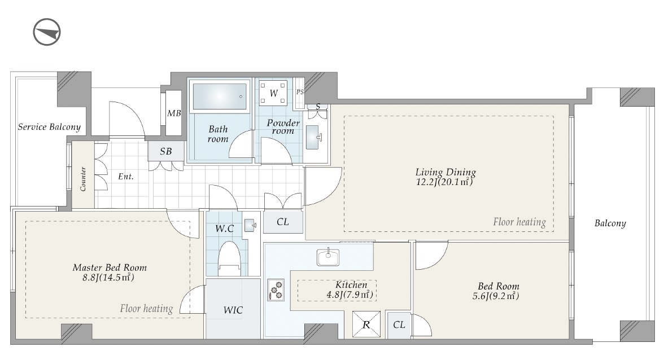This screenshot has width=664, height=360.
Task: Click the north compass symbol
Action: coord(46,32)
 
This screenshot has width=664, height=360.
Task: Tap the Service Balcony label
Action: coord(49,127)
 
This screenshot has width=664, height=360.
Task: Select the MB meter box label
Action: coord(174,113)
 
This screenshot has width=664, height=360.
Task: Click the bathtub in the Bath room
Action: coord(219,96)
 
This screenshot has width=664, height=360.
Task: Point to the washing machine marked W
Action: coord(273,93)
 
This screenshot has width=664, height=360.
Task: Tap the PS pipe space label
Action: coord(300,91)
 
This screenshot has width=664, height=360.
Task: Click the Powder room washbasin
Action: coord(313,137)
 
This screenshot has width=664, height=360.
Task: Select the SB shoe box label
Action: coord(166,151)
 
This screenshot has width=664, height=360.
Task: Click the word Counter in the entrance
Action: coord(83,179)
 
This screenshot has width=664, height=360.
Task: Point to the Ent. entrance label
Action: coord(126,177)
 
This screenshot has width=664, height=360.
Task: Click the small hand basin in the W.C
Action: coord(250,225)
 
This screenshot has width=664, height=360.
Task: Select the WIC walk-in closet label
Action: coord(233,310)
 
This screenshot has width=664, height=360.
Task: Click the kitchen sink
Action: coord(327,257)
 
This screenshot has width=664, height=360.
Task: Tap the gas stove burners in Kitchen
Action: coord(276,290)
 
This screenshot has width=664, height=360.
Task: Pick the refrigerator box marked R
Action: coord(366,324)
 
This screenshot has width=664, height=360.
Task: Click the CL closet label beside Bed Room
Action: coord(399,325)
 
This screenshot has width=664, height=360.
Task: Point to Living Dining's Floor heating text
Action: coord(519,222)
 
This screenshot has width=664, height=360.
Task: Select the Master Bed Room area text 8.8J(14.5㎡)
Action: coord(108,278)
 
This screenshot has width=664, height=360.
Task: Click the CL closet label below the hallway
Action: coord(282,222)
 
